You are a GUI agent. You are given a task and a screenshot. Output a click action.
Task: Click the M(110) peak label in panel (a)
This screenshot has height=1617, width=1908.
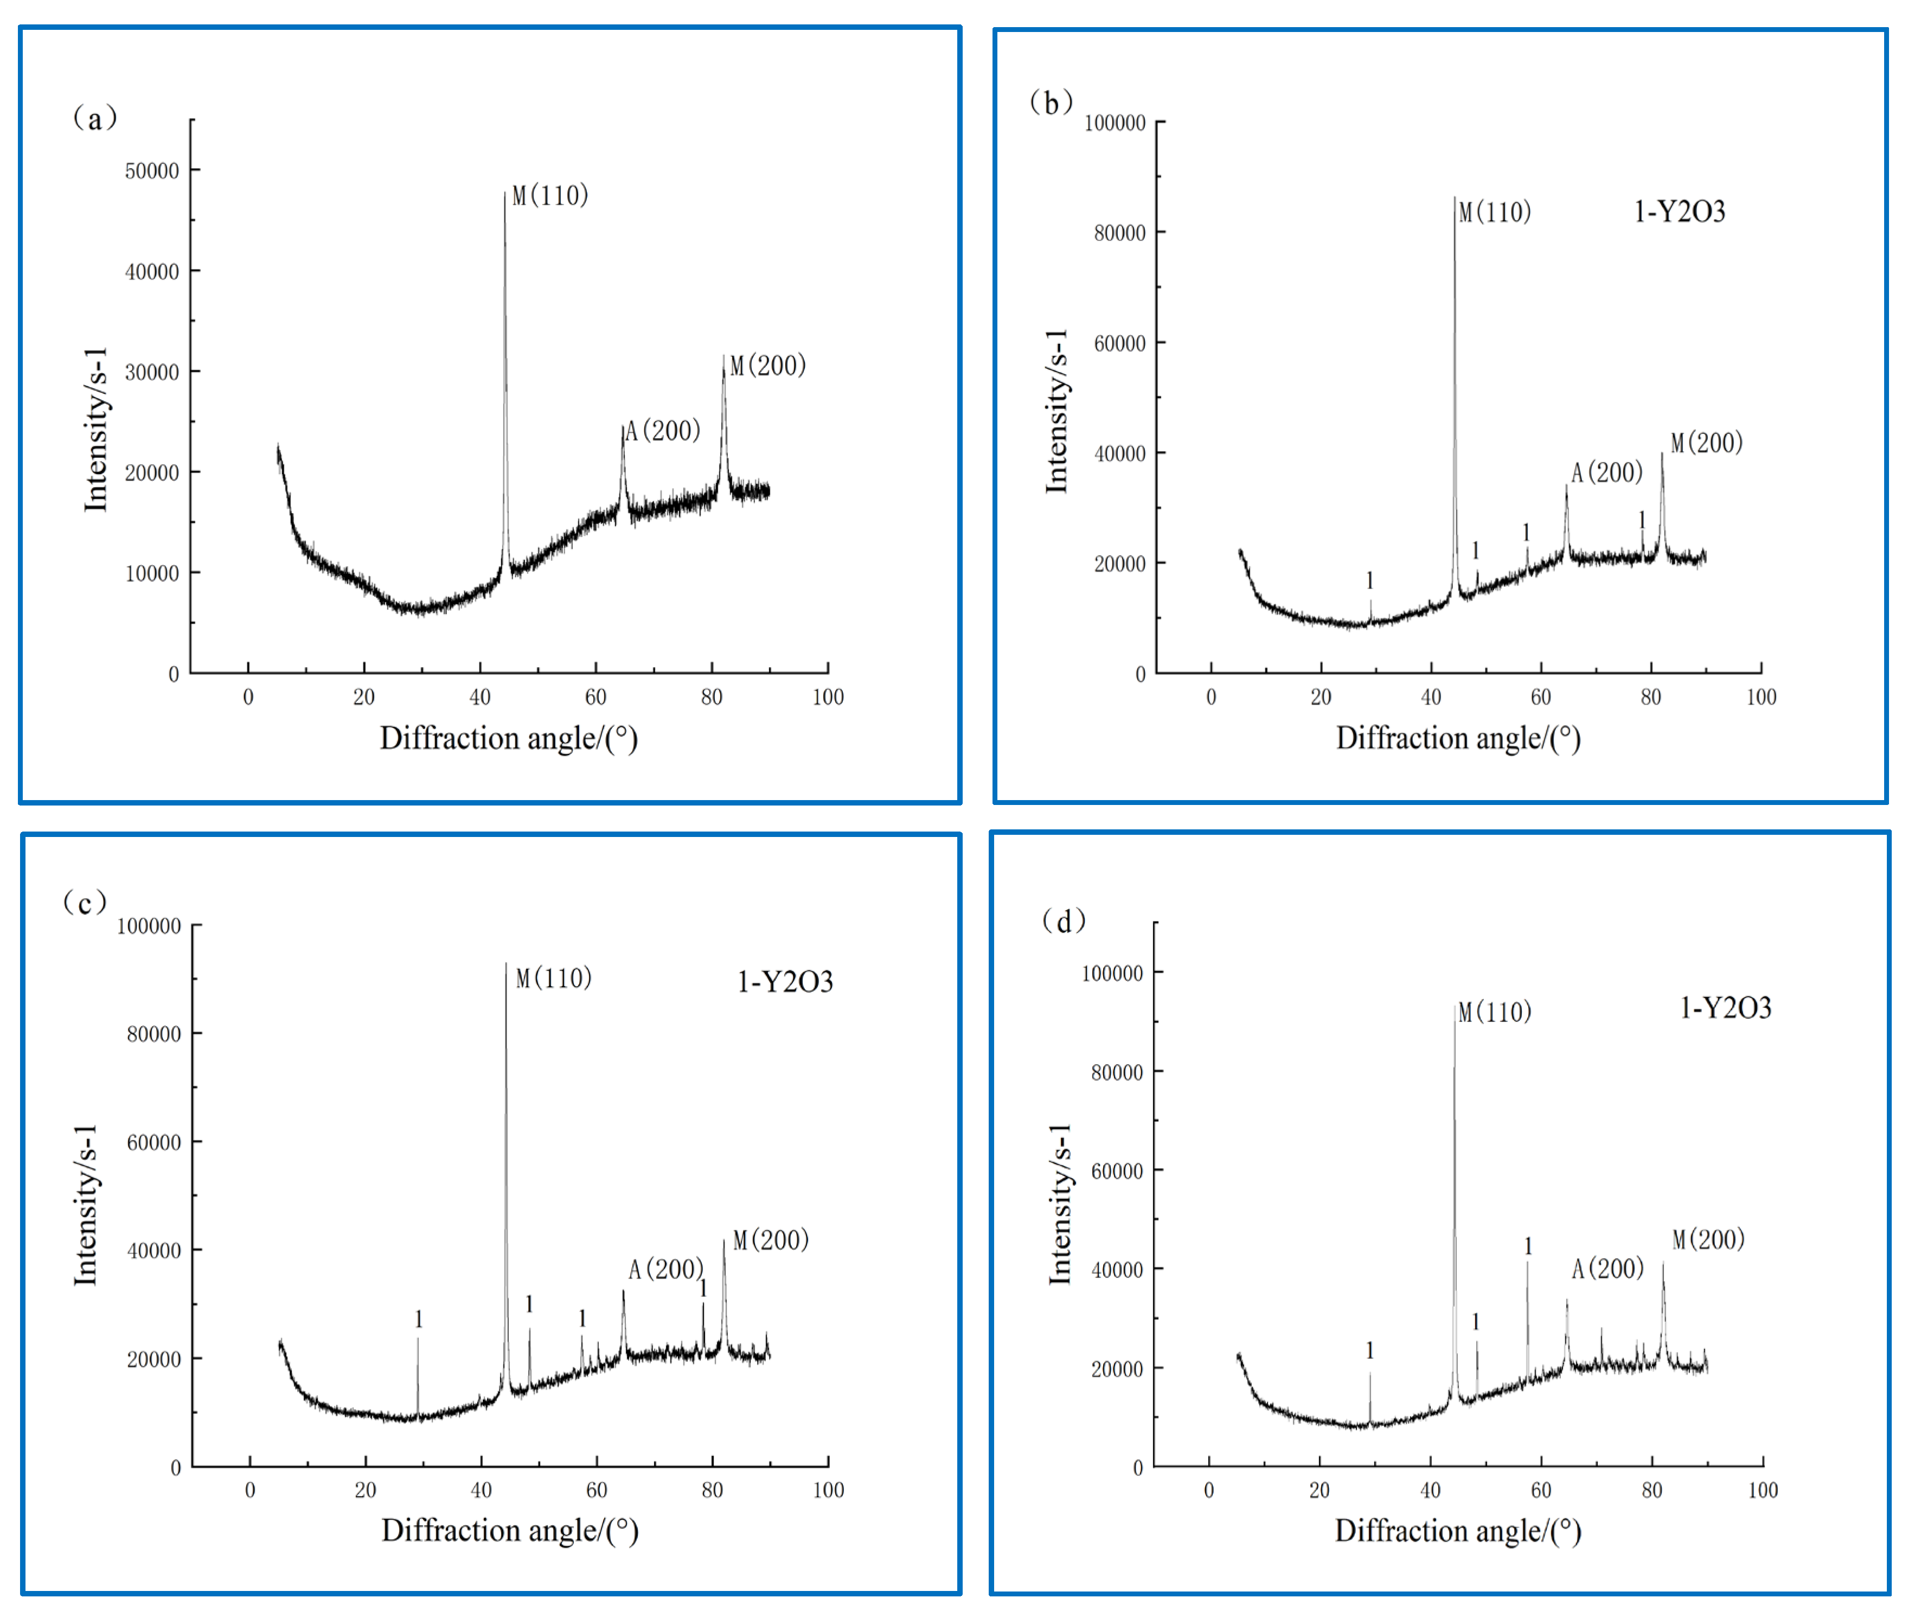tap(550, 195)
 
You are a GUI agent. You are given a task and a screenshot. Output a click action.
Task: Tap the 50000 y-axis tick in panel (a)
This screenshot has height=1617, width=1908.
tap(152, 170)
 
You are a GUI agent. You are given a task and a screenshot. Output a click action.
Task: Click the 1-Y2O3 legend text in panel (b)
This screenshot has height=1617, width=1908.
tap(1679, 212)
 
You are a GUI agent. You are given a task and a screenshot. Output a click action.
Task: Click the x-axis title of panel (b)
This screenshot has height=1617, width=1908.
tap(1457, 738)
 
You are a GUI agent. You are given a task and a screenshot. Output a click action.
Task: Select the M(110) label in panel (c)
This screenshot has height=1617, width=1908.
tap(554, 978)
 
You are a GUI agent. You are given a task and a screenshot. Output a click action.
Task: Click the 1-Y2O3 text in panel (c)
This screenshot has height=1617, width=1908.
tap(785, 982)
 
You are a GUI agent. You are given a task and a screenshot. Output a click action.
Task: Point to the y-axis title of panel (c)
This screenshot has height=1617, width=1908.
tap(85, 1205)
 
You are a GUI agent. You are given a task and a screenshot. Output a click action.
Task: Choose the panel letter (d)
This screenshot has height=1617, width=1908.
tap(1063, 921)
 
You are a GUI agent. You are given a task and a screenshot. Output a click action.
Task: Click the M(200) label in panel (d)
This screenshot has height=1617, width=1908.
tap(1707, 1239)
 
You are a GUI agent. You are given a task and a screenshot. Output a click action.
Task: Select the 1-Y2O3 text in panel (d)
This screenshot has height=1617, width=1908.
tap(1725, 1008)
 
